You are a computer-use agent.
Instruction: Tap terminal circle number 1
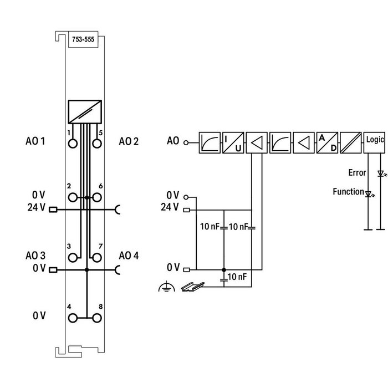point(73,144)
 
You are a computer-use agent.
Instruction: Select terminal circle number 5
point(97,144)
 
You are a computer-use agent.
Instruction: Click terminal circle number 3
point(73,257)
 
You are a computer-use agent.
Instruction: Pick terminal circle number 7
point(97,257)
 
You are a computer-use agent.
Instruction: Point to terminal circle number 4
point(73,318)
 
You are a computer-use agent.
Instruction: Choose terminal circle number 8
point(97,318)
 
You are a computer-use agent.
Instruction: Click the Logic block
point(375,141)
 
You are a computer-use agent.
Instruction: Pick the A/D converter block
point(327,141)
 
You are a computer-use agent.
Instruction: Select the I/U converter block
point(233,141)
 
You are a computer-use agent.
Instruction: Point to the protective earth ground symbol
point(165,287)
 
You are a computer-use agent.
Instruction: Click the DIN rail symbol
point(192,287)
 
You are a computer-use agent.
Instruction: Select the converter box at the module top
point(85,112)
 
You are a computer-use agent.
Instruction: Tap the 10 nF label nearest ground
point(239,277)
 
